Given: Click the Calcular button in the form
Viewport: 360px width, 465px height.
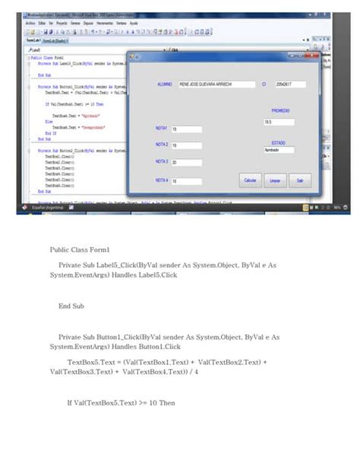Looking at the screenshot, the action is coord(249,181).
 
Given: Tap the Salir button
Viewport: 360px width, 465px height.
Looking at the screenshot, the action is coord(300,181).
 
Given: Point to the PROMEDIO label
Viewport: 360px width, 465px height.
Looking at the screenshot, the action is coord(281,110).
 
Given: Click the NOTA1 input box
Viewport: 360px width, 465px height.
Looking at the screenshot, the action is coord(186,129).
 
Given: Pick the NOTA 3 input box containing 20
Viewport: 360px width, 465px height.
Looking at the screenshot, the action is coord(186,163).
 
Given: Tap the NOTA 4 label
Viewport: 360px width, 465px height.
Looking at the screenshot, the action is coord(162,180).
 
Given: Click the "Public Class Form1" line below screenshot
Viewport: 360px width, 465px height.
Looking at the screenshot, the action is coord(81,249).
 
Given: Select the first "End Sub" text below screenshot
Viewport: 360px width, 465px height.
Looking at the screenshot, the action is coord(71,306).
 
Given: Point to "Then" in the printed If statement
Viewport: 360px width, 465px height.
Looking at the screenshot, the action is coord(166,403).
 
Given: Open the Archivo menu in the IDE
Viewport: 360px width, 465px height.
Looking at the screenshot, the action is coord(30,24).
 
